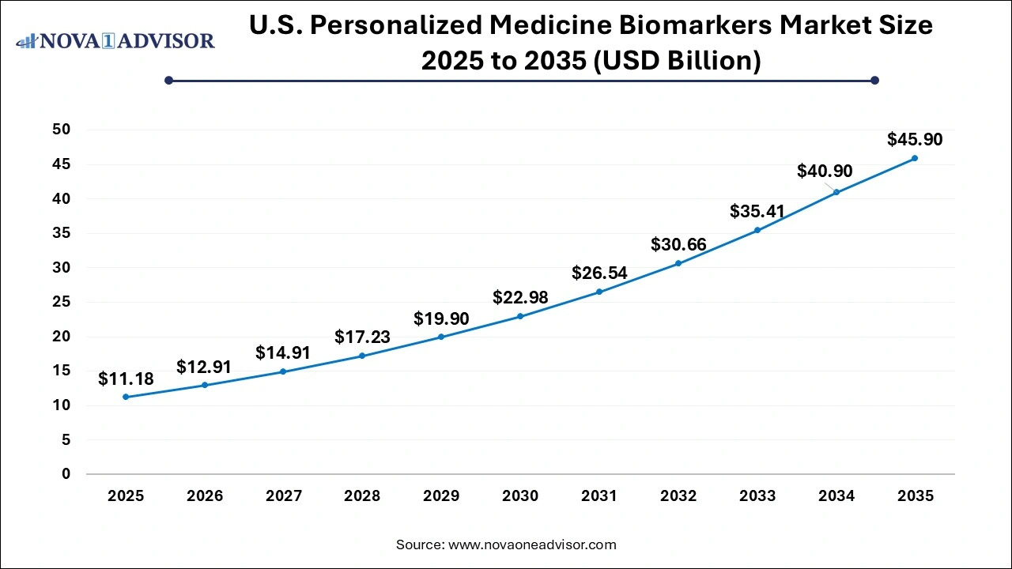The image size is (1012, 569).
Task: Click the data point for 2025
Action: (126, 397)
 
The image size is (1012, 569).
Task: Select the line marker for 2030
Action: (520, 316)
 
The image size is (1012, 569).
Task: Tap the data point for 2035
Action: (915, 158)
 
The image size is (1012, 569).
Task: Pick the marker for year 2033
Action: (757, 230)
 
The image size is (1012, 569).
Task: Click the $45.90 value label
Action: (915, 140)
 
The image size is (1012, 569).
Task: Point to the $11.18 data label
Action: (126, 379)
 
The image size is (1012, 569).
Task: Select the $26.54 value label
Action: (599, 273)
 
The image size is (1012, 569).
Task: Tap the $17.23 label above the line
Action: (362, 337)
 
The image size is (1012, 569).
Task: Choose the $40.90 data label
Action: (825, 171)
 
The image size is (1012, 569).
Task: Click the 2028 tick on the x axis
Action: (362, 496)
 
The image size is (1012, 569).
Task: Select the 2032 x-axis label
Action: (678, 496)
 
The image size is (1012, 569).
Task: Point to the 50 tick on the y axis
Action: (61, 130)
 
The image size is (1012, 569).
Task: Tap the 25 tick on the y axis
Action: (61, 302)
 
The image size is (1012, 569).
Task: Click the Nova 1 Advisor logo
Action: (115, 40)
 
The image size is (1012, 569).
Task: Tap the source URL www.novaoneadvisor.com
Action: (532, 545)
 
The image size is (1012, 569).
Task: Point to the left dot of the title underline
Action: (168, 80)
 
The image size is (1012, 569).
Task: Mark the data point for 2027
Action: (283, 371)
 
